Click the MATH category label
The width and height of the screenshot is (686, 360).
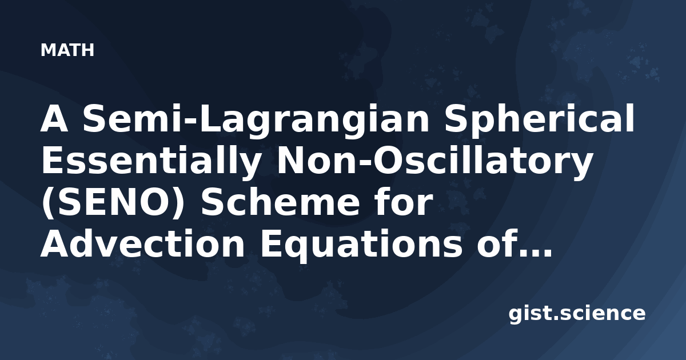pos(67,50)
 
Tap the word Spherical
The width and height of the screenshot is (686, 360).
pos(539,118)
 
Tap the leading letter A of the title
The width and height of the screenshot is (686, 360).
pos(54,118)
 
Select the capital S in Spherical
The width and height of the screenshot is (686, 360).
pos(457,118)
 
